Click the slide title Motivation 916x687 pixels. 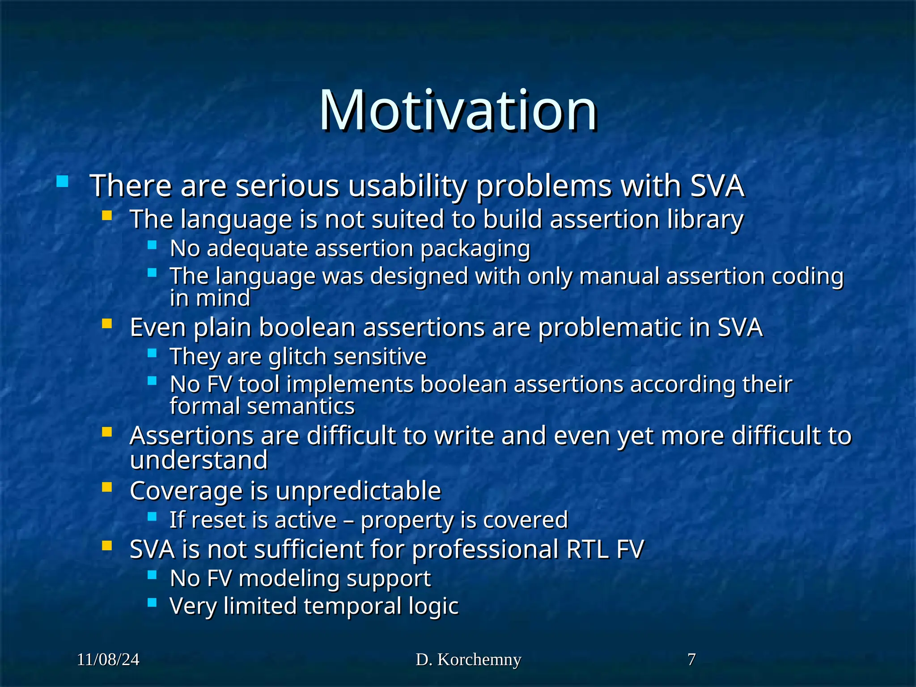click(x=458, y=110)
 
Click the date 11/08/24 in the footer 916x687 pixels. click(x=108, y=660)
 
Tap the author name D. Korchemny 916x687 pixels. click(x=468, y=660)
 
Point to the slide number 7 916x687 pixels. click(x=691, y=659)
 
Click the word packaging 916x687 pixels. click(x=475, y=249)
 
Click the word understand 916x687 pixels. click(x=199, y=460)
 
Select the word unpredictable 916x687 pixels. click(x=358, y=491)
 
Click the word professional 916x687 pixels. click(x=485, y=550)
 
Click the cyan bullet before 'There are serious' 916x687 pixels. click(x=63, y=182)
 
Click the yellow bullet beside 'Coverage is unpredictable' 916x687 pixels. click(x=106, y=487)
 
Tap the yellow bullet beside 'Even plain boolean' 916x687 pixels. click(x=106, y=323)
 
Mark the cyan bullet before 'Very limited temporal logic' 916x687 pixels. click(x=152, y=603)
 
